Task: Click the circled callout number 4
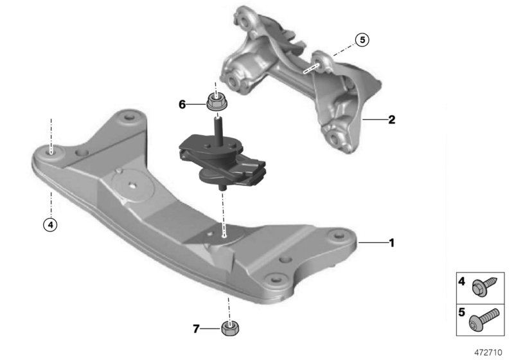[x=49, y=224]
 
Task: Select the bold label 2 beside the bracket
[x=391, y=120]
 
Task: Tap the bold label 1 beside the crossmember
[x=391, y=242]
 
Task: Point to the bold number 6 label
[x=181, y=103]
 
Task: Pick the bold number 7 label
[x=197, y=329]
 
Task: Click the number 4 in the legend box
[x=461, y=282]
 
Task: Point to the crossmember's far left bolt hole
[x=51, y=152]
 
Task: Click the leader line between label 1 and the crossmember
[x=372, y=242]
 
